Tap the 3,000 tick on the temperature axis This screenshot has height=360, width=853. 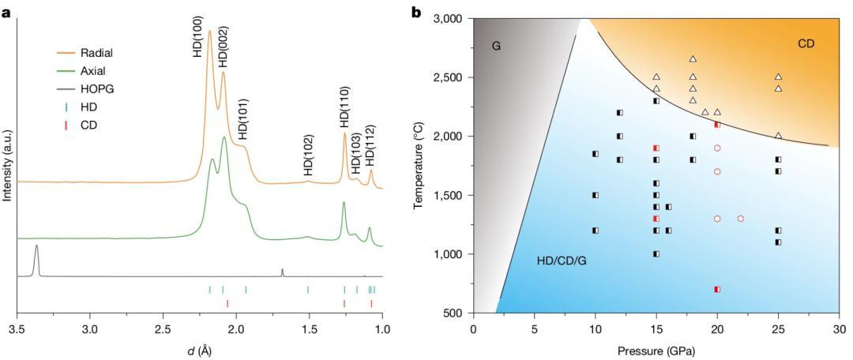452,19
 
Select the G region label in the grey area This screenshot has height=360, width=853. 496,47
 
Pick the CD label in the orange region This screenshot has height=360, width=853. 806,44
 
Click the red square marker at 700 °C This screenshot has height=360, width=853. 717,290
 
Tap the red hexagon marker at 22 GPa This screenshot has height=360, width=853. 741,219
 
